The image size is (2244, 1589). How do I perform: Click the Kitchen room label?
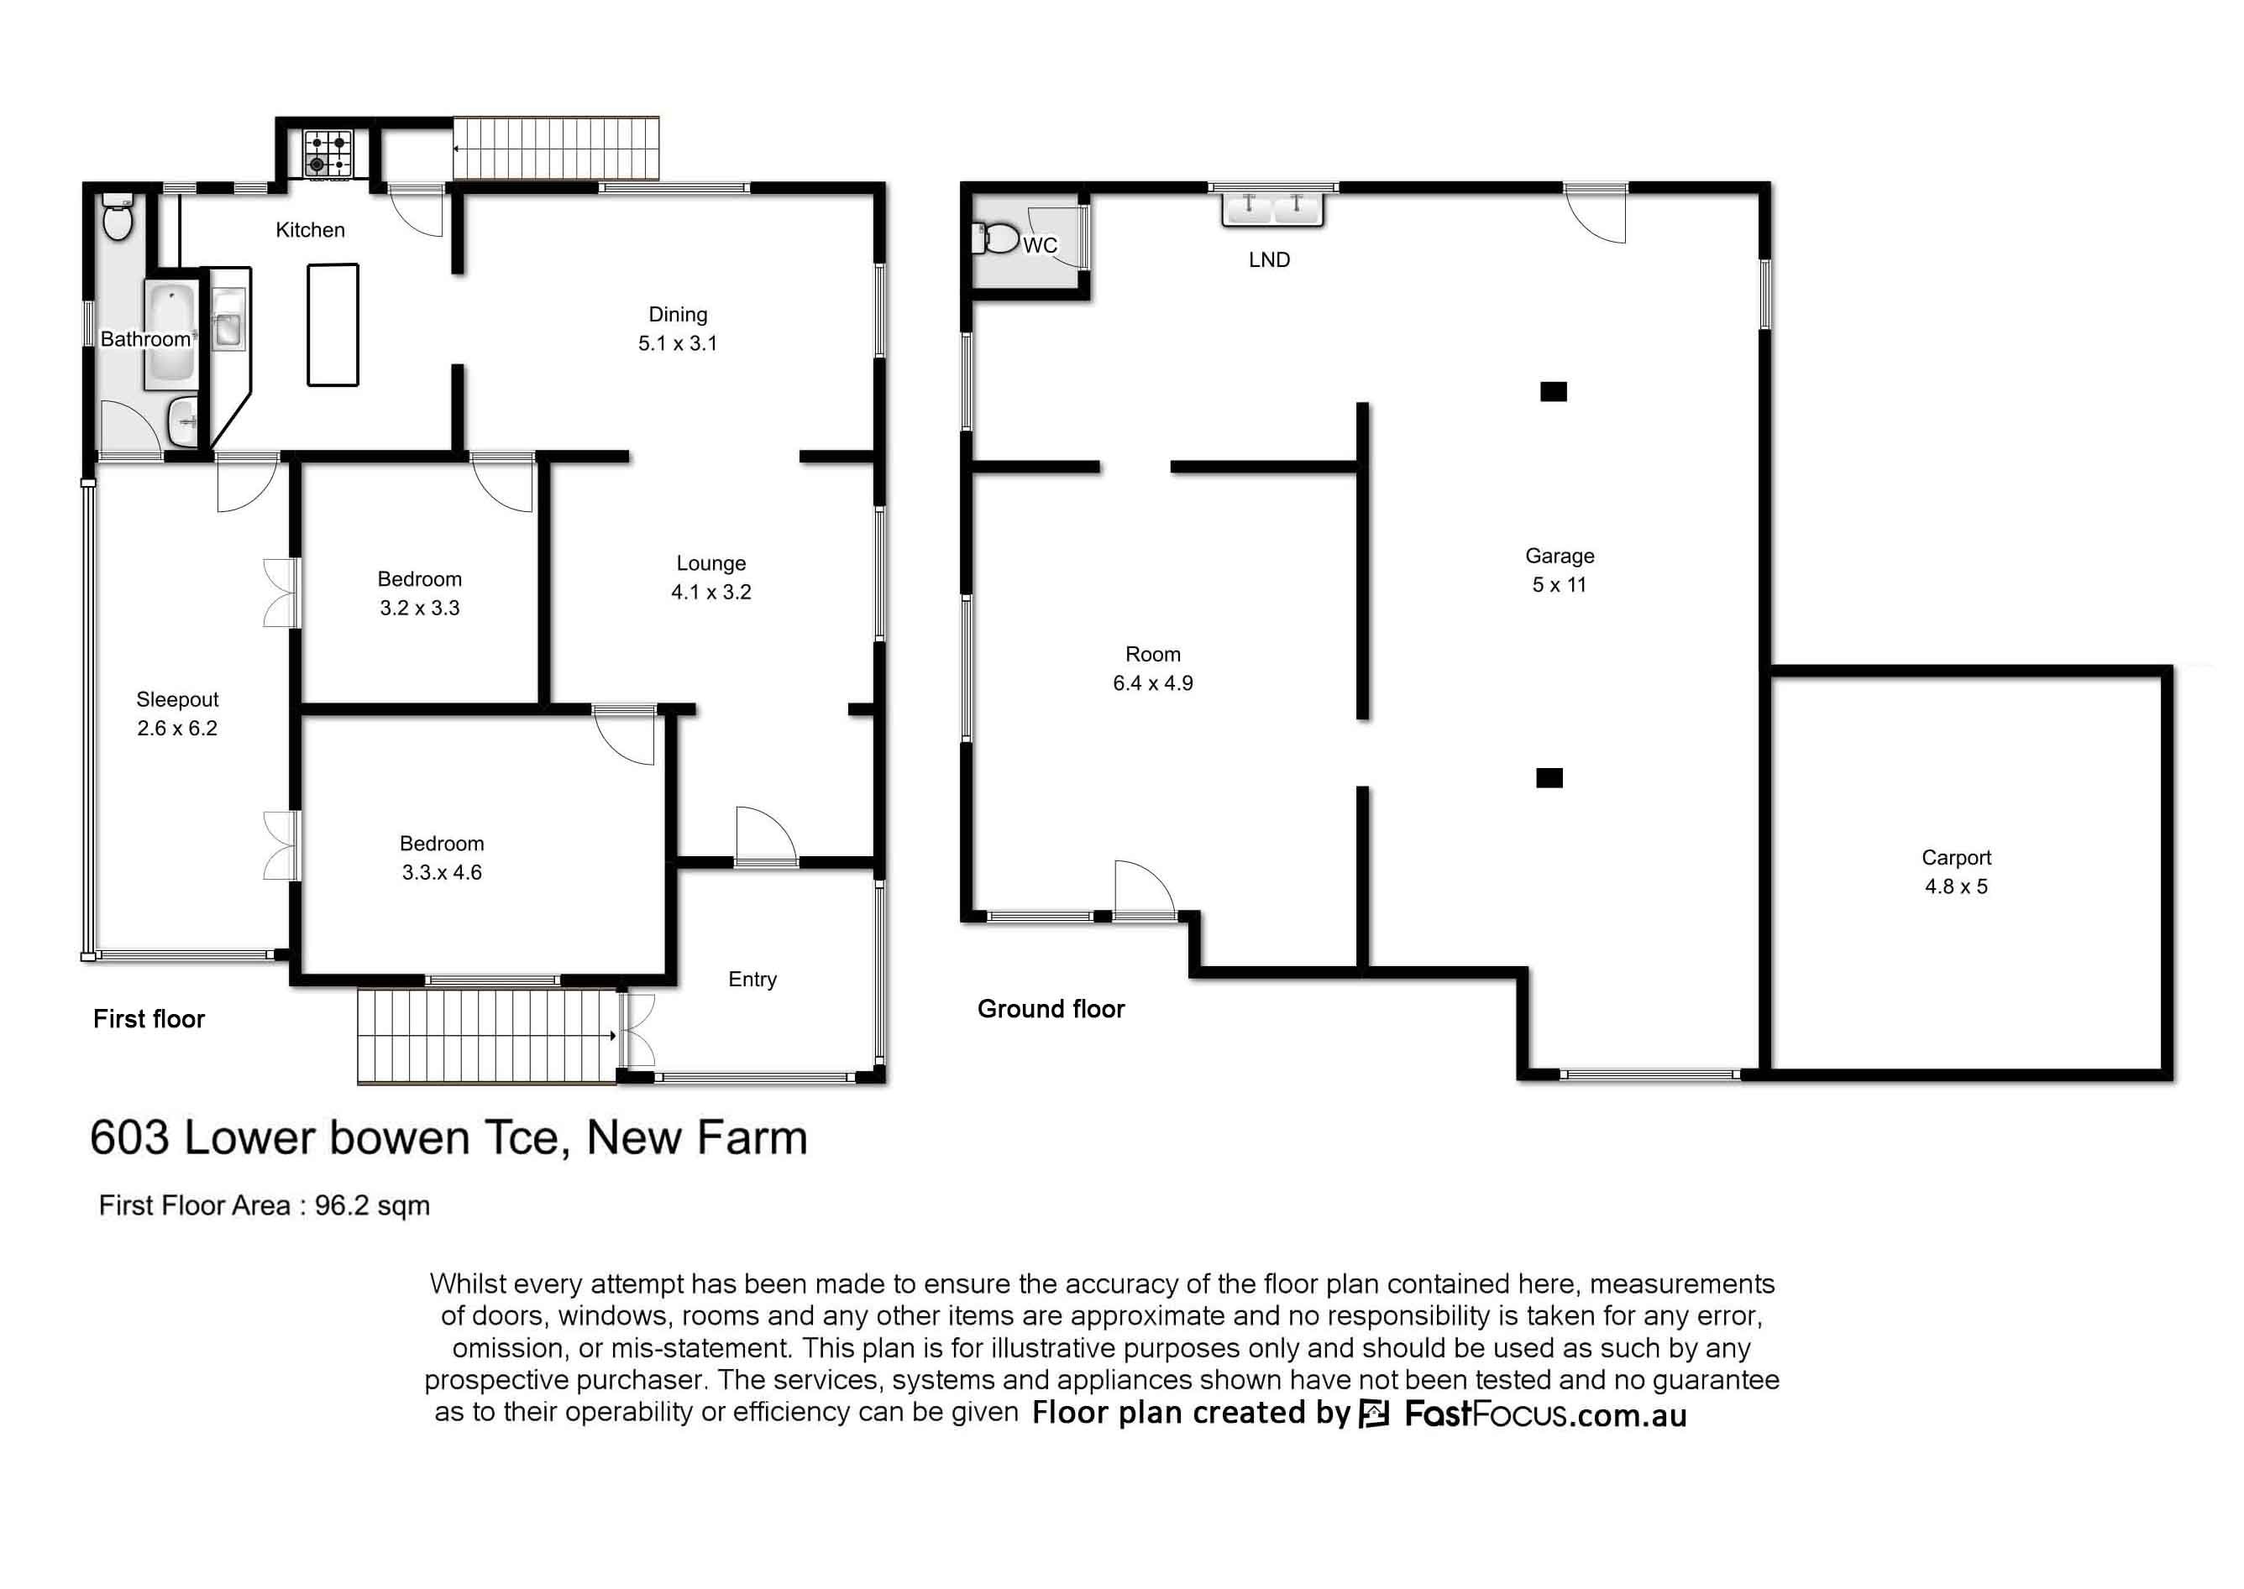310,230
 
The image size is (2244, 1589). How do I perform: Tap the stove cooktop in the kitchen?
327,154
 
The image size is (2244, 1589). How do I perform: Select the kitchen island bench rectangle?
333,325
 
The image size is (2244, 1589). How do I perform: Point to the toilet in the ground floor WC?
997,238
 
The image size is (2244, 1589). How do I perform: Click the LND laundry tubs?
1272,208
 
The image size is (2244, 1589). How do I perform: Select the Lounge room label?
710,563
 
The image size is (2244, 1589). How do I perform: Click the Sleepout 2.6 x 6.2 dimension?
177,728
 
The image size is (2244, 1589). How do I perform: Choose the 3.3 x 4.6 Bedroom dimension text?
442,872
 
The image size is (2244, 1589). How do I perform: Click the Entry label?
752,980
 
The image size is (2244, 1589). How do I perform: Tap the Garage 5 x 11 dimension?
1559,584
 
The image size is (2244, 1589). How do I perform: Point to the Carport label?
1956,857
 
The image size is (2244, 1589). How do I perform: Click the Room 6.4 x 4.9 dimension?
1153,683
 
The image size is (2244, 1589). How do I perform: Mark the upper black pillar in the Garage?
1553,391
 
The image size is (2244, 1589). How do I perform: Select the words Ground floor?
1051,1009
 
